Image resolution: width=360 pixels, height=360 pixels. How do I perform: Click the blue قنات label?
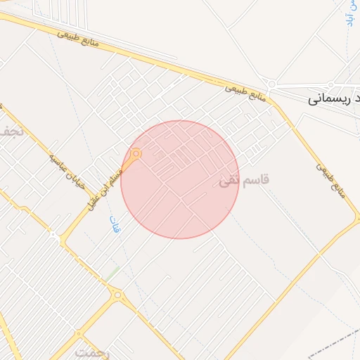(x=115, y=225)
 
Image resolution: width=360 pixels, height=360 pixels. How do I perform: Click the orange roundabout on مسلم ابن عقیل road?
(x=136, y=153)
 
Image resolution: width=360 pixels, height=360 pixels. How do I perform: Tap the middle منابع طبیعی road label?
(x=246, y=94)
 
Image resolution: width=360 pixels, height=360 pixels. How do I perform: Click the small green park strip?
(x=112, y=273)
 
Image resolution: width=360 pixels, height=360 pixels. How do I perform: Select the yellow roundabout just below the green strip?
(x=117, y=295)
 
